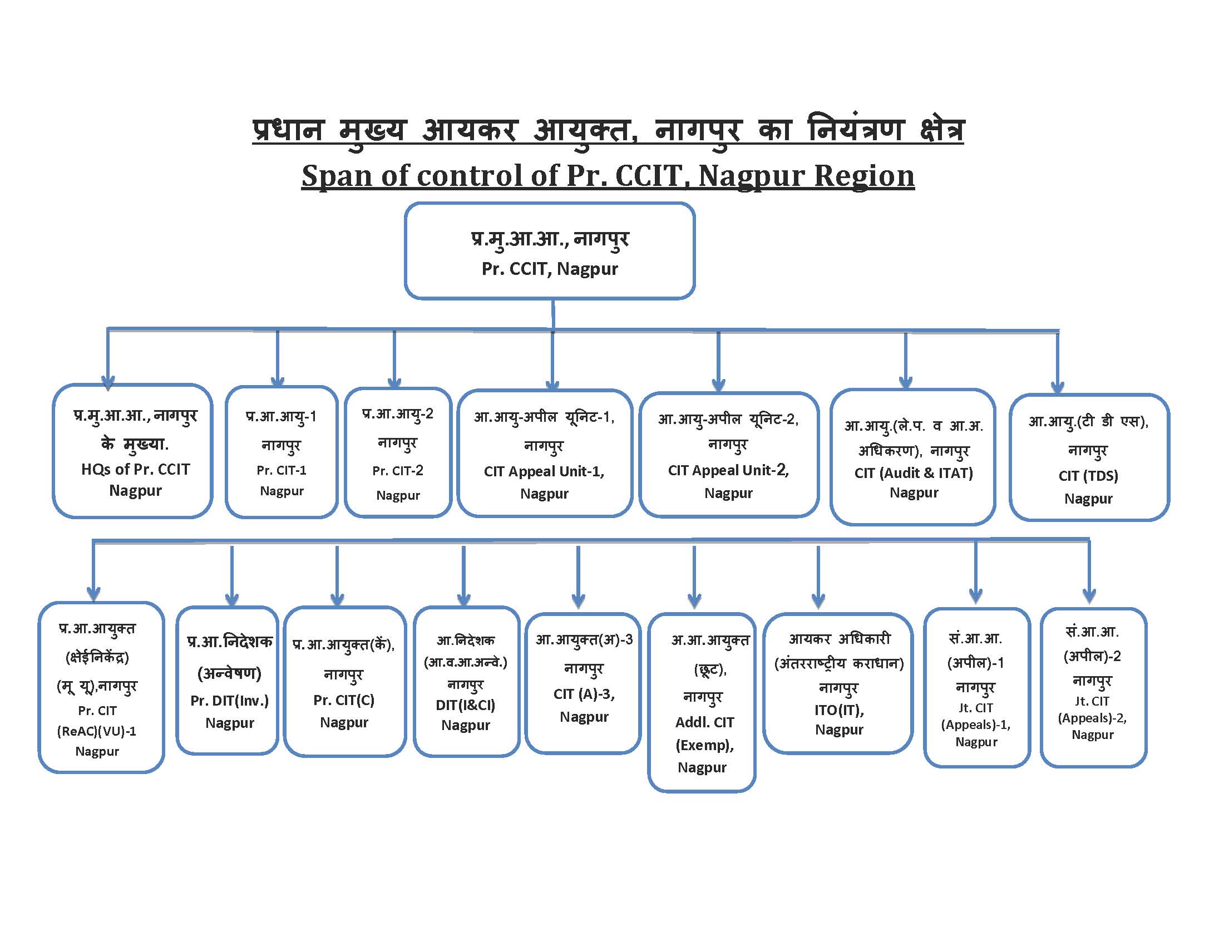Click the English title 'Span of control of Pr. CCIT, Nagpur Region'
click(608, 176)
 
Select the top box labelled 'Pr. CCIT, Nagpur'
click(549, 251)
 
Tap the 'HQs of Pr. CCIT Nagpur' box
click(133, 451)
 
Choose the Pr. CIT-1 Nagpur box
click(282, 452)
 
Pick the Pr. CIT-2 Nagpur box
click(398, 453)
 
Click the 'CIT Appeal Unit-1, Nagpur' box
click(544, 453)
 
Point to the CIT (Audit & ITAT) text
click(914, 473)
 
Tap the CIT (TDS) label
click(1088, 476)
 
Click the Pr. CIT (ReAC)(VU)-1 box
click(101, 687)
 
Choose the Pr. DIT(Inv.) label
click(230, 701)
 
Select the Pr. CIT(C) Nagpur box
click(344, 682)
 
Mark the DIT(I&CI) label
click(466, 705)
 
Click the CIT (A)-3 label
click(584, 694)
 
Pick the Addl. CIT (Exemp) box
click(702, 702)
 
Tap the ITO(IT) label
click(839, 710)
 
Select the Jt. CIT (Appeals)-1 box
click(976, 687)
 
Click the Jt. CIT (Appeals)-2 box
click(1093, 687)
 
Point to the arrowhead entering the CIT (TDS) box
click(1058, 387)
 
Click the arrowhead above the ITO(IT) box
click(818, 601)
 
